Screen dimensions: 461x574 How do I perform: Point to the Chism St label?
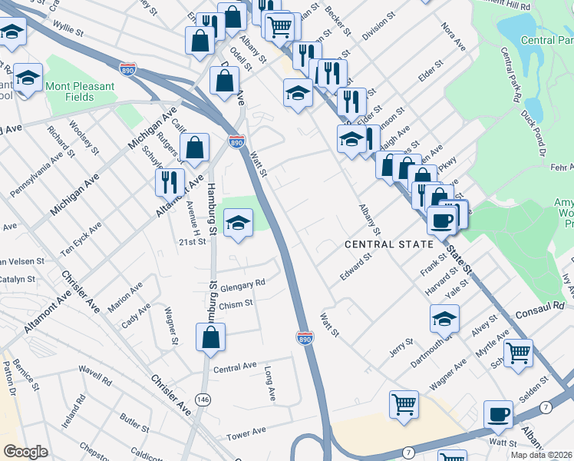[236, 304]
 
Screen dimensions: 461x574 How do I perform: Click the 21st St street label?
[193, 241]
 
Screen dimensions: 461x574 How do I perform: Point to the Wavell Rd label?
[95, 379]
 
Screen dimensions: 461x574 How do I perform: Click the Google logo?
[25, 452]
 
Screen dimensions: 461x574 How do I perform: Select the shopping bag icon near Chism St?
[210, 337]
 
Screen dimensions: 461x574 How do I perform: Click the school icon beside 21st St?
[238, 223]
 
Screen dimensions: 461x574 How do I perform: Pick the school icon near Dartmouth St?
[444, 317]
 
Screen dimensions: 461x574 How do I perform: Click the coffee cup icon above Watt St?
[498, 414]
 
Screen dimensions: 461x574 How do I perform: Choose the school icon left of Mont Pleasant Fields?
[28, 78]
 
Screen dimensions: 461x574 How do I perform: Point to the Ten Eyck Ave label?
[82, 240]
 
